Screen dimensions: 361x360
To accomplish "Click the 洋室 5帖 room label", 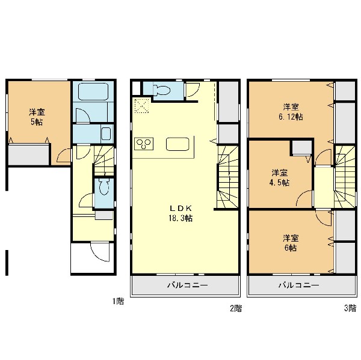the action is tap(37, 117).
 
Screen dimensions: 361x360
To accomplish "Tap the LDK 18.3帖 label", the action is tap(180, 213).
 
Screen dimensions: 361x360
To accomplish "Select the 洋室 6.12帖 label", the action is tap(291, 112).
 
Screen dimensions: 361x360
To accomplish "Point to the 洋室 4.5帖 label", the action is tap(279, 177).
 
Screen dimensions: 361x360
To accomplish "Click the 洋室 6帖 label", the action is tap(291, 243).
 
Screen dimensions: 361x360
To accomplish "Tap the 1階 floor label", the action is tap(118, 301).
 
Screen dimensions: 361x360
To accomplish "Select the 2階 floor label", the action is tap(236, 308).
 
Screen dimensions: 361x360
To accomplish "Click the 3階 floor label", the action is tap(350, 308).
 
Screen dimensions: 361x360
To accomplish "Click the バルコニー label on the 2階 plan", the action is tap(187, 285).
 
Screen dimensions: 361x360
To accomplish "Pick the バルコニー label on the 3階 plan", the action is tap(299, 285).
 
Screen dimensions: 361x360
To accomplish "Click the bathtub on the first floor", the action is tap(93, 91).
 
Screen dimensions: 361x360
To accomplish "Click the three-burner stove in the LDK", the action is tap(144, 144).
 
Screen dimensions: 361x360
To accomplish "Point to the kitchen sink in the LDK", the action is tap(177, 144).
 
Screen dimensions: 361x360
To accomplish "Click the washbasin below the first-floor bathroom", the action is tap(106, 133).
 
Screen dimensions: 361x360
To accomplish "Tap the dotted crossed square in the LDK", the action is tap(142, 106).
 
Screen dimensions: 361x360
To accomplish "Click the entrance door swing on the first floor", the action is tap(100, 251).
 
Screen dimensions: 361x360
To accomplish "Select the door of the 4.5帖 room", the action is tap(304, 198).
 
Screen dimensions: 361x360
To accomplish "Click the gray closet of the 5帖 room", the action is tap(29, 155).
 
